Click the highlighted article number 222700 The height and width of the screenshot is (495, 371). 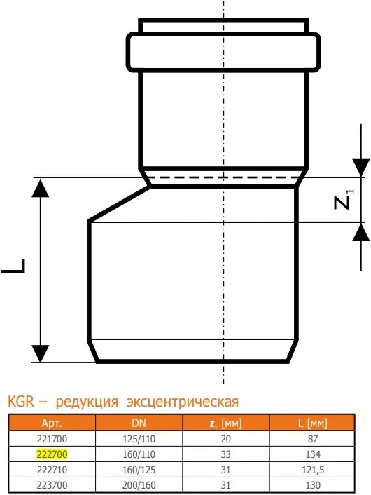point(52,454)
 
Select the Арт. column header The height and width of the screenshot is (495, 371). point(52,423)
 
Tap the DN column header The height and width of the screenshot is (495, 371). point(139,423)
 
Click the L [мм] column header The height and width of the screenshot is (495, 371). point(313,423)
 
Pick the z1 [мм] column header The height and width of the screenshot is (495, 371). point(225,423)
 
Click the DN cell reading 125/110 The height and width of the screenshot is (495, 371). point(139,439)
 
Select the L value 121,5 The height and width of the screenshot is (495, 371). point(313,470)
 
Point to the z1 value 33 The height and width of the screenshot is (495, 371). point(225,454)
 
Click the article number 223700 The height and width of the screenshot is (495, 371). point(52,485)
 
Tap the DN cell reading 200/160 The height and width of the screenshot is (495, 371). point(139,485)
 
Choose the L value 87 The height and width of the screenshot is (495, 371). point(313,439)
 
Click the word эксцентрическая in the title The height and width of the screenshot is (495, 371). point(183,402)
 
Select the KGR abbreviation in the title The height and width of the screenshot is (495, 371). point(21,402)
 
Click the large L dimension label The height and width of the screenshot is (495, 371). point(13,266)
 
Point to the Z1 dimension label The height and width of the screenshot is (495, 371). point(344,199)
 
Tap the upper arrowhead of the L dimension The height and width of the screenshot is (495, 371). point(41,188)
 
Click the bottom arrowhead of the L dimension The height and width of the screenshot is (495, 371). point(41,353)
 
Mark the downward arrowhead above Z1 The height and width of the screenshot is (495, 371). point(361,168)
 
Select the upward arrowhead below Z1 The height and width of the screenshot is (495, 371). point(361,232)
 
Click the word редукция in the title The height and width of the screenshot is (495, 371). point(87,402)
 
